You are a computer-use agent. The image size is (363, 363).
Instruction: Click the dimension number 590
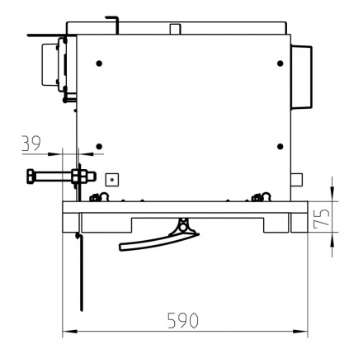tap(183, 320)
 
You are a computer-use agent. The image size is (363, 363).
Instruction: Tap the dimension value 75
tap(322, 217)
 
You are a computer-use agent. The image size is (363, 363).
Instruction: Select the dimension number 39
tap(31, 143)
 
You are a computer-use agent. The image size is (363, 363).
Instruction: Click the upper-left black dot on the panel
tap(99, 64)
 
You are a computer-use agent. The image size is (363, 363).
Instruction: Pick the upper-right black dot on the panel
tap(280, 64)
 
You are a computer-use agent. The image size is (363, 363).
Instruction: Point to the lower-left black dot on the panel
tap(99, 147)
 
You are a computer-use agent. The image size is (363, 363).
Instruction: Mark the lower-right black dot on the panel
tap(280, 147)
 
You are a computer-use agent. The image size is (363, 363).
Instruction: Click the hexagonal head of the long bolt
tap(31, 177)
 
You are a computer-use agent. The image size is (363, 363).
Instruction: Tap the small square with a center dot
tap(112, 180)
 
